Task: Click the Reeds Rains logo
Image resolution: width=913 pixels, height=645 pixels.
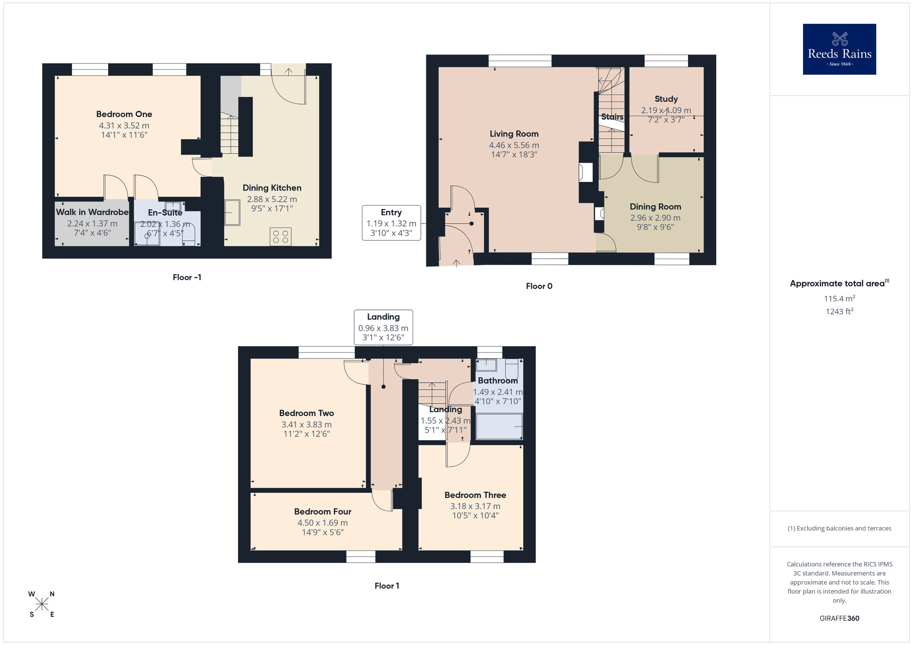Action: pos(839,49)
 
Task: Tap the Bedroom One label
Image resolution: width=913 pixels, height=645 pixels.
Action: pos(124,114)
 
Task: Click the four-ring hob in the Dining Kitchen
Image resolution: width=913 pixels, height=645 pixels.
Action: pos(280,237)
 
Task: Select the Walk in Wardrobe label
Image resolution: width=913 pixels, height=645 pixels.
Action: pos(92,212)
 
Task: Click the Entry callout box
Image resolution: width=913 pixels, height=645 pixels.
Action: pos(391,223)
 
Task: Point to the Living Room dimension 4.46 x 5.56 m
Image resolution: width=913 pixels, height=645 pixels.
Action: pos(514,146)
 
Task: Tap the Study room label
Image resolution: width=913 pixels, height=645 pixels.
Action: pos(666,99)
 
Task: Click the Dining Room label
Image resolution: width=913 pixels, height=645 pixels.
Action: pos(655,207)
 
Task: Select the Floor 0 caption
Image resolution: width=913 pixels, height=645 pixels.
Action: pos(539,286)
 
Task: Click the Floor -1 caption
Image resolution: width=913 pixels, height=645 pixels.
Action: pos(187,277)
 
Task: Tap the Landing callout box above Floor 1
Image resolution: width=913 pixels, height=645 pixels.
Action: pos(383,327)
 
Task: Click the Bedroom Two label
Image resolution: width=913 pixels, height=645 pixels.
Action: pos(306,413)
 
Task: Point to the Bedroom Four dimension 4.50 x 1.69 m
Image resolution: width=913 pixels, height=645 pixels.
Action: pos(322,523)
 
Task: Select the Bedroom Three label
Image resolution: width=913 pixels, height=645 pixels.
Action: pos(475,495)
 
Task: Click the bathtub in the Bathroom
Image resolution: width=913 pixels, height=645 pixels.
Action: pos(499,426)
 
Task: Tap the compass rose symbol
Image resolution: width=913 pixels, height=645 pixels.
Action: pos(42,604)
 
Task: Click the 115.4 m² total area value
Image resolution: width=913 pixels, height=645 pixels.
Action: pos(839,298)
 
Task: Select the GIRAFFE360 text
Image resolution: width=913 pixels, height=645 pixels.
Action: pos(839,619)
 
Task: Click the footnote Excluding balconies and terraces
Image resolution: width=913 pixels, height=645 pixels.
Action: pos(839,528)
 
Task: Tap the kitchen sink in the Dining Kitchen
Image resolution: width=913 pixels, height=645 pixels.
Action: pos(232,213)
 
